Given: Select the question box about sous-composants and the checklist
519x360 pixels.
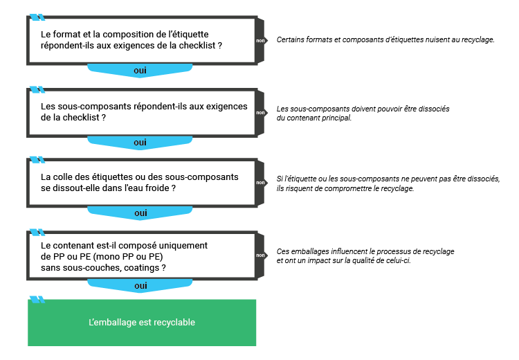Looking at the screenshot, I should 142,112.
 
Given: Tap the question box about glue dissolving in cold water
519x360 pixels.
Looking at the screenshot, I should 142,183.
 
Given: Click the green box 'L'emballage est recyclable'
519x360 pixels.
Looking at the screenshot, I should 142,323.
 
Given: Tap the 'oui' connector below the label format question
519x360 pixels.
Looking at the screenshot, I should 140,71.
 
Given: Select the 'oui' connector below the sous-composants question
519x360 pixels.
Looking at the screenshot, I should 140,143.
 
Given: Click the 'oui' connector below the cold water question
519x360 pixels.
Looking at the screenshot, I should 140,213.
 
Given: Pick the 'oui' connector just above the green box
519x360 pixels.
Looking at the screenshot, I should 140,285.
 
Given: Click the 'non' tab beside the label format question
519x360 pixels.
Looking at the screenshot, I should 261,40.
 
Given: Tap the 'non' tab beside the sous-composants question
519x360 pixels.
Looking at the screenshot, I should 261,112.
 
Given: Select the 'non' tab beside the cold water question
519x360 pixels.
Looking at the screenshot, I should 261,183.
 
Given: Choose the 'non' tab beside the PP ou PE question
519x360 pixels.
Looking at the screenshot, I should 261,255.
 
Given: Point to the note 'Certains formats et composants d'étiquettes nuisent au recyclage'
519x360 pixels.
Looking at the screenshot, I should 385,39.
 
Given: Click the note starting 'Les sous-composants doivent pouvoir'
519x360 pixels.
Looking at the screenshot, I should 363,114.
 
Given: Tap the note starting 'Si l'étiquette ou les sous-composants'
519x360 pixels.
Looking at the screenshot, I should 388,183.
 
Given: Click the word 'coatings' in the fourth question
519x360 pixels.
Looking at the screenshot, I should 143,267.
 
